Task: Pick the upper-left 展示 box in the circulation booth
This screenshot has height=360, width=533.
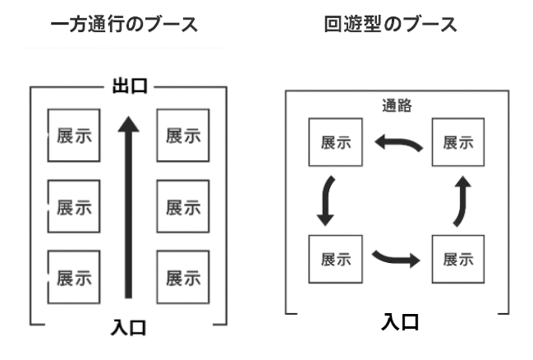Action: point(333,141)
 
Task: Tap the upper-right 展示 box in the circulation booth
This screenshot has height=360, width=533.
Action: point(457,141)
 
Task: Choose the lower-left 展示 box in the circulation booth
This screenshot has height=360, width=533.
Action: point(333,259)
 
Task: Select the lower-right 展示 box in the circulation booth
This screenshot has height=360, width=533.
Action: point(457,259)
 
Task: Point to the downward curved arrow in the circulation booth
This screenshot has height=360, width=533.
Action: point(327,200)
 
